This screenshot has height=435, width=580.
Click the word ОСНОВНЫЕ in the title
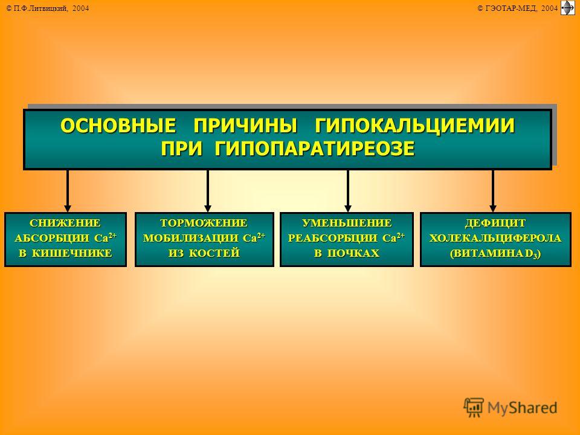(118, 126)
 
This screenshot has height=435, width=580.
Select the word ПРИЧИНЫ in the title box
(245, 126)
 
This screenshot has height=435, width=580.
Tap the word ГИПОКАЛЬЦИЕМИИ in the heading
(414, 126)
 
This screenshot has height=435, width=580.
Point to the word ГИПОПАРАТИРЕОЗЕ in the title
(314, 149)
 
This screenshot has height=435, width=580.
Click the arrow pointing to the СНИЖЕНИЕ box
(67, 191)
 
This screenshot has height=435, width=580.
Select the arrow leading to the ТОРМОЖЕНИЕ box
(208, 191)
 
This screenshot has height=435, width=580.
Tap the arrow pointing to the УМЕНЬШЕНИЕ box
(348, 191)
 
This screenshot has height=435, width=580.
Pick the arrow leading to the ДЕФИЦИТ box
(493, 191)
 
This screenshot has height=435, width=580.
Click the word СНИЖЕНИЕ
(65, 223)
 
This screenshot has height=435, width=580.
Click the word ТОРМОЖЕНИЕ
(204, 223)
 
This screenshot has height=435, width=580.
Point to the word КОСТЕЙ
(214, 253)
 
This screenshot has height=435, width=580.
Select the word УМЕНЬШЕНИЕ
(347, 223)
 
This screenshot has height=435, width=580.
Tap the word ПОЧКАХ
(353, 253)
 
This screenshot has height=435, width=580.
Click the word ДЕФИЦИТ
(495, 223)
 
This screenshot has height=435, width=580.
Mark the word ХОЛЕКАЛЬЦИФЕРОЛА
(495, 238)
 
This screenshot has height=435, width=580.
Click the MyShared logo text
(522, 408)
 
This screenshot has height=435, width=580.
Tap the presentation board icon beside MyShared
(474, 407)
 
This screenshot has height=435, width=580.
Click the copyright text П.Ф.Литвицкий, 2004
(48, 8)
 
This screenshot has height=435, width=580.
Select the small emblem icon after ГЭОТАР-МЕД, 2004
(568, 8)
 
